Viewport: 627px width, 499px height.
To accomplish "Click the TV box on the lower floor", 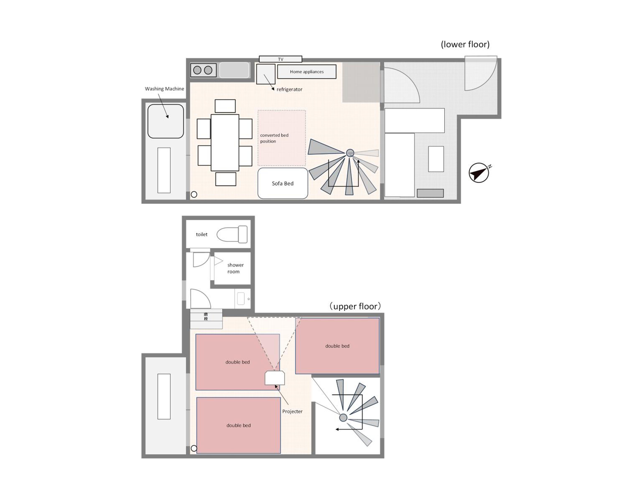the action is click(x=280, y=59).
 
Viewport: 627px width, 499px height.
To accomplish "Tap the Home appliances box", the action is click(x=307, y=72).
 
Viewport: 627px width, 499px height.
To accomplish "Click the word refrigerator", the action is click(x=289, y=89).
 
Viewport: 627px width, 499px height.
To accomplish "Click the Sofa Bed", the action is click(x=283, y=183).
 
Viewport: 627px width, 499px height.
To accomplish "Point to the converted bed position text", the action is click(x=274, y=138).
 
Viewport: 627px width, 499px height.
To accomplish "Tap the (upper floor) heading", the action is click(x=355, y=306).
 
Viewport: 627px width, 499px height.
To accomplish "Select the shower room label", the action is click(x=235, y=268).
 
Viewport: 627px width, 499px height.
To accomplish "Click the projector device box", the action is click(x=275, y=378).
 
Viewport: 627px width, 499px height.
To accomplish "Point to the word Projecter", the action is click(x=292, y=411).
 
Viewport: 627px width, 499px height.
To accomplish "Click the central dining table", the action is click(x=225, y=143).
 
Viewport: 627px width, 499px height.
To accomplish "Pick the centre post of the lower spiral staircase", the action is click(x=350, y=153).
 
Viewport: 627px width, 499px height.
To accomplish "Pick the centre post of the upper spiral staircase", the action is click(x=343, y=417).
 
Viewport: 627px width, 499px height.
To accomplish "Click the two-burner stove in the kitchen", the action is click(x=203, y=70).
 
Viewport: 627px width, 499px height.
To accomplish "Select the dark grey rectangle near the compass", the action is click(x=430, y=193).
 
